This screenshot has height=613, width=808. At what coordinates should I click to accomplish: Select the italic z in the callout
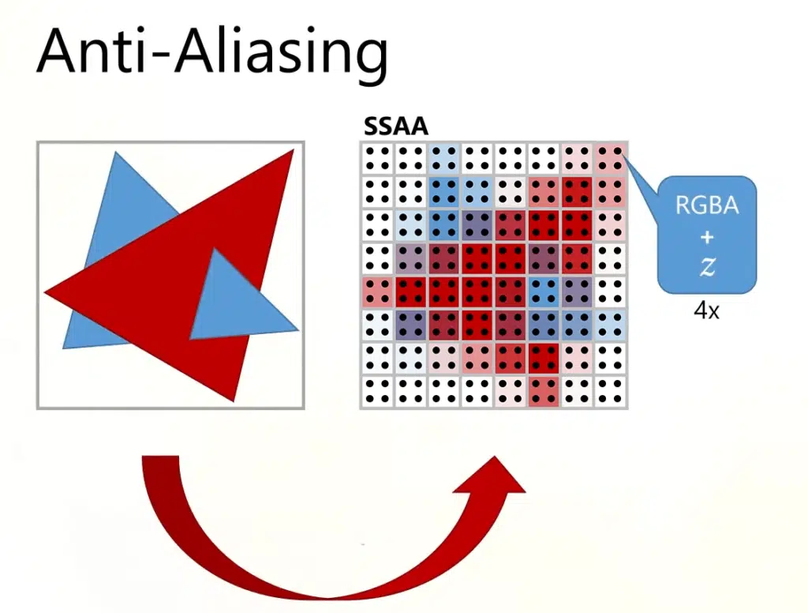pyautogui.click(x=707, y=267)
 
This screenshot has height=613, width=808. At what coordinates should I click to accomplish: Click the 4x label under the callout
pyautogui.click(x=706, y=310)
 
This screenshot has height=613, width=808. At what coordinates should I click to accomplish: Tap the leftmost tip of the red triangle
pyautogui.click(x=47, y=293)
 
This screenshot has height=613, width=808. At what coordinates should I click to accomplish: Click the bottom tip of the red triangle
pyautogui.click(x=234, y=399)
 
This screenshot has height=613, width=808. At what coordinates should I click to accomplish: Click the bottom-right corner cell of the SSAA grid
pyautogui.click(x=611, y=391)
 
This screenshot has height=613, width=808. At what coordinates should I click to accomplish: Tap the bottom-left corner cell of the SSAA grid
pyautogui.click(x=378, y=391)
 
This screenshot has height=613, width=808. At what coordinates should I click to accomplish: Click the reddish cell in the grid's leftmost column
pyautogui.click(x=378, y=291)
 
